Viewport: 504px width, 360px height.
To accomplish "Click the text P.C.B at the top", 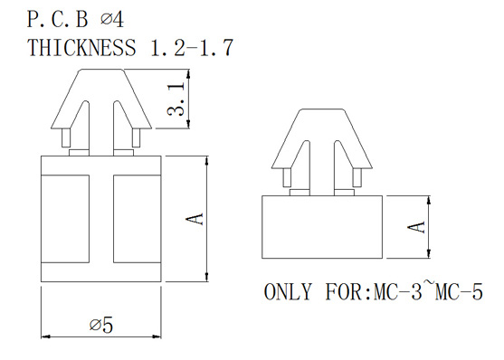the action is [x=57, y=19].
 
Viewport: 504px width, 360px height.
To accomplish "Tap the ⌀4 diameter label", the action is [x=112, y=19].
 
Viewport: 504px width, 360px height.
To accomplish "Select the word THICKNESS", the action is [x=81, y=48].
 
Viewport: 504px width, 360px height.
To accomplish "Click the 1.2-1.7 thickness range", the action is [x=192, y=48].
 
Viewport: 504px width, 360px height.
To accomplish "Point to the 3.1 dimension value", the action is [x=176, y=99].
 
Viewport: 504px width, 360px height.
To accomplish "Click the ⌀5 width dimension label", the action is [x=101, y=325].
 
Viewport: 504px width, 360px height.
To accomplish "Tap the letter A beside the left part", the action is [x=195, y=219].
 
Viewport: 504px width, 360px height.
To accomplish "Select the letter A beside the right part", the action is [x=416, y=227].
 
